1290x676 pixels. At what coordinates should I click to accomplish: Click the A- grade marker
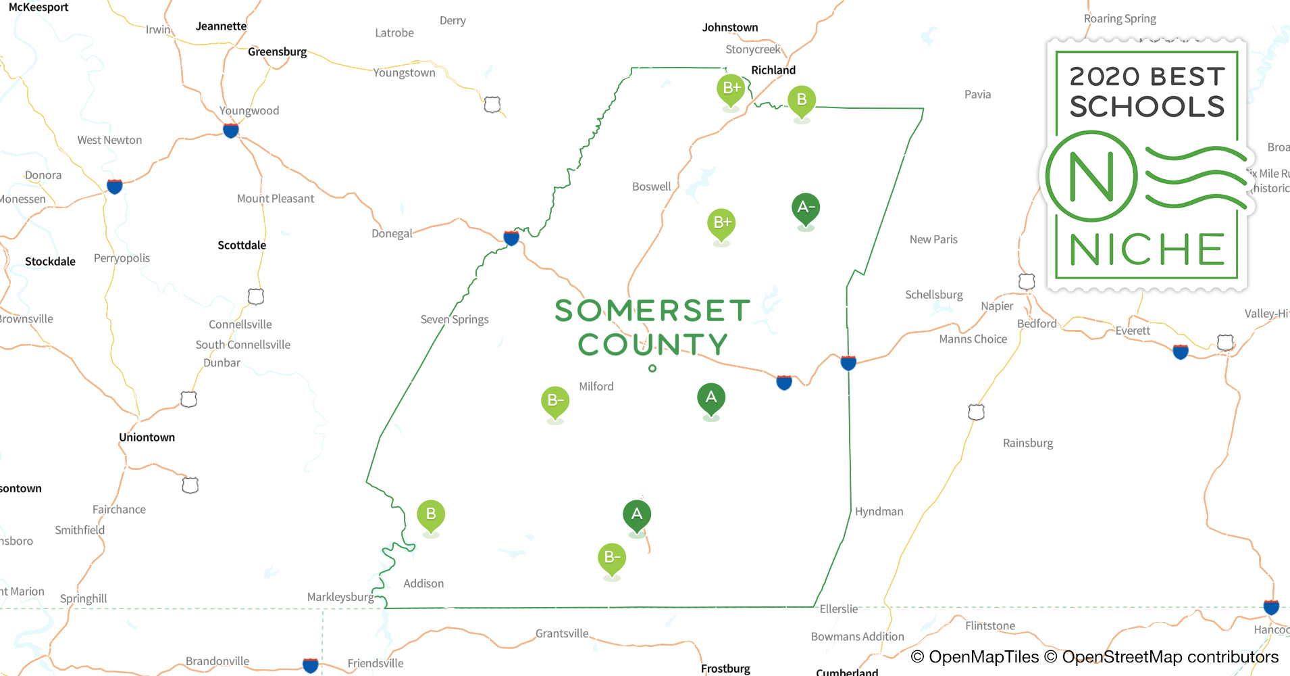tap(806, 208)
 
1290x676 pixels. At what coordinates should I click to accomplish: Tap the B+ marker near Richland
tap(731, 89)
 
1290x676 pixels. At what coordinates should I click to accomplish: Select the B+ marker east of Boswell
tap(721, 223)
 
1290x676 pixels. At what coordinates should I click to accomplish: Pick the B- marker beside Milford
tap(555, 401)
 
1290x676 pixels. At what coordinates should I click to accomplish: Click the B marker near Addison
tap(431, 514)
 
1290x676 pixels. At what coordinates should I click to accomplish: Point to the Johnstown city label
tap(729, 28)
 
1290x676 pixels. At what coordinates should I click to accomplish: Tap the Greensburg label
tap(277, 52)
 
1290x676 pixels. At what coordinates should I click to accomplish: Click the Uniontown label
tap(147, 437)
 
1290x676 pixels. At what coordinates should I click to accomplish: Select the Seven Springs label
tap(454, 319)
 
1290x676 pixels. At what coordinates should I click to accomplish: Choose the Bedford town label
tap(1037, 324)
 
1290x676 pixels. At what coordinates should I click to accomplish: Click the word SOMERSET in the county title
tap(652, 311)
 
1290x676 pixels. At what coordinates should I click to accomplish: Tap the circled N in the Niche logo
tap(1091, 177)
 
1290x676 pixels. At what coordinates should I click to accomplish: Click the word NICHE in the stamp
tap(1147, 250)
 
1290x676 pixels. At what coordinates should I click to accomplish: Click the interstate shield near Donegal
tap(511, 237)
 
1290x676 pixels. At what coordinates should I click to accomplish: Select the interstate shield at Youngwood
tap(231, 130)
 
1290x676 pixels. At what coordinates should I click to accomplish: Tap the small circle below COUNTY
tap(652, 368)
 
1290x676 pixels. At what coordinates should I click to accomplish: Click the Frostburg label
tap(725, 669)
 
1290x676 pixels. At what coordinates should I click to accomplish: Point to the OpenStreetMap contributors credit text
tap(1169, 657)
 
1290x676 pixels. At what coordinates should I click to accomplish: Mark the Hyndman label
tap(879, 512)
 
